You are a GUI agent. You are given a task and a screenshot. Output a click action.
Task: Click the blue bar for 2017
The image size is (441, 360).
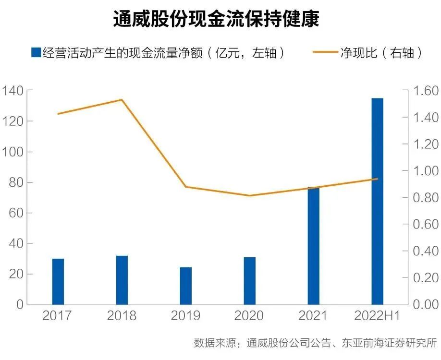tap(58, 281)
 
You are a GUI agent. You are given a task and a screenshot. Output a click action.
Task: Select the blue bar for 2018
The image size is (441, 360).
tap(122, 280)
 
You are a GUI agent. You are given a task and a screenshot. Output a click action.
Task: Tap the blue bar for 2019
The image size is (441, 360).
tap(186, 286)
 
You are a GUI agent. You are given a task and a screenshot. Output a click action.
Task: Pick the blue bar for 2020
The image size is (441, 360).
tap(250, 281)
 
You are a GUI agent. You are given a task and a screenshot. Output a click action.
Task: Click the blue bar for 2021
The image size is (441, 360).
tap(314, 246)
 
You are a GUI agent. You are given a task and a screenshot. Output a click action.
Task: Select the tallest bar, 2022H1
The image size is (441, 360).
tap(378, 202)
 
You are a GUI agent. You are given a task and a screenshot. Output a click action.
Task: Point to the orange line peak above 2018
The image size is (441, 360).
tap(122, 100)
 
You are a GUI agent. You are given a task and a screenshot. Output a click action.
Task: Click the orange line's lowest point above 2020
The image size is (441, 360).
tap(250, 195)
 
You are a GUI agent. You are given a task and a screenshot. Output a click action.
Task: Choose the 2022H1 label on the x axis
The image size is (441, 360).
tap(378, 316)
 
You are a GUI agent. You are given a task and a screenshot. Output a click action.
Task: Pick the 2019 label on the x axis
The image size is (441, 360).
tap(186, 316)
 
